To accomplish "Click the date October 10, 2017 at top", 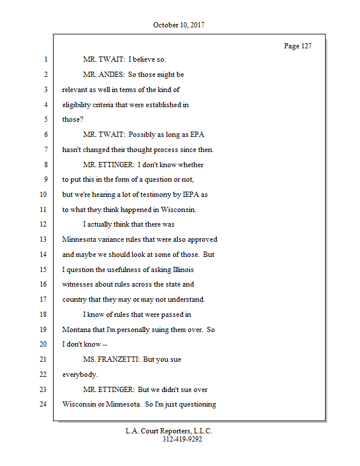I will pyautogui.click(x=179, y=25).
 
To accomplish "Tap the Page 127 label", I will pyautogui.click(x=297, y=46).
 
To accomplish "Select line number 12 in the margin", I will pyautogui.click(x=44, y=224).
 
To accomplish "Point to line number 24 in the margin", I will pyautogui.click(x=44, y=404).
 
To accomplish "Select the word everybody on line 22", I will pyautogui.click(x=80, y=375).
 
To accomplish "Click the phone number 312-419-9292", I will pyautogui.click(x=182, y=439).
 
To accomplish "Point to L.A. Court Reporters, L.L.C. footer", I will pyautogui.click(x=169, y=431).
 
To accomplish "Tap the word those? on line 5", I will pyautogui.click(x=73, y=120).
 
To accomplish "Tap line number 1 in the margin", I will pyautogui.click(x=45, y=59).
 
